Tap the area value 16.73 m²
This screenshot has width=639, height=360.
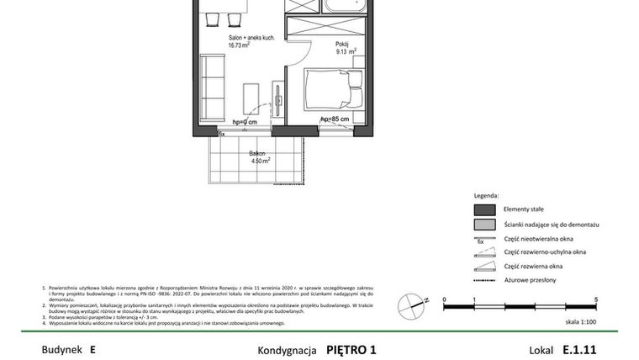(243, 47)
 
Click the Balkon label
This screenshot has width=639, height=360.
(256, 154)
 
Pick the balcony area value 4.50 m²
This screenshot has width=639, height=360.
(259, 161)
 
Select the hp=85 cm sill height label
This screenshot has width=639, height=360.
(335, 120)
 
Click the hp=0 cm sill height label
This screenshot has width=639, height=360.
(242, 123)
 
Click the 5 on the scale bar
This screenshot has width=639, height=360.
(596, 299)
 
